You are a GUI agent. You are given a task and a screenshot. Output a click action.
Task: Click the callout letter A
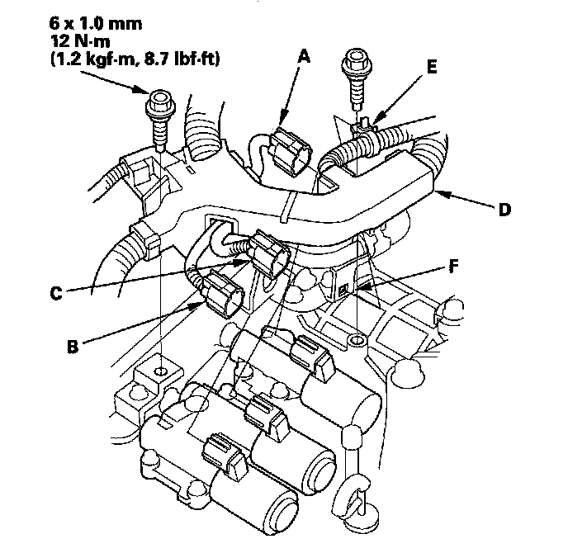(304, 57)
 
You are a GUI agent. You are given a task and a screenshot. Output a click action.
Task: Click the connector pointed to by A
(293, 149)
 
